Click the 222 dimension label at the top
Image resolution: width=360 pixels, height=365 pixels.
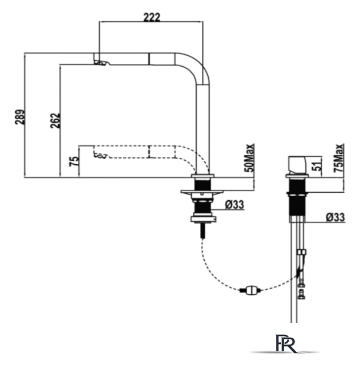pos(152,18)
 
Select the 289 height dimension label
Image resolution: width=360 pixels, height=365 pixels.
pos(20,117)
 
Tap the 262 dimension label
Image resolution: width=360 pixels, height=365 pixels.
pos(55,120)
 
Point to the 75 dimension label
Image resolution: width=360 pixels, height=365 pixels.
pos(74,161)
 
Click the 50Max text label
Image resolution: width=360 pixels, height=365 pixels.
pos(249,158)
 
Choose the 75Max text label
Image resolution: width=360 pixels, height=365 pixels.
pos(338,158)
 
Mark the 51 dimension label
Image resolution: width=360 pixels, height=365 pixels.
pos(318,165)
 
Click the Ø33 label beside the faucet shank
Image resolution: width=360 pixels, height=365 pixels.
pos(234,205)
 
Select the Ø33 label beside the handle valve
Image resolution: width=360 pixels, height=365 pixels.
pos(335,217)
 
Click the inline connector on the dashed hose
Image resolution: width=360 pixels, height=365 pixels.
pos(250,290)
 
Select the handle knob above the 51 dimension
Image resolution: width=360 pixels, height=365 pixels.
pos(298,165)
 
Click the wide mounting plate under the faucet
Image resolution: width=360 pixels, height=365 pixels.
pos(202,192)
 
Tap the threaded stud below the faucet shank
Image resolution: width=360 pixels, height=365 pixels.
pos(203,230)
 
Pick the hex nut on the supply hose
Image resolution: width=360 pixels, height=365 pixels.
pos(301,252)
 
